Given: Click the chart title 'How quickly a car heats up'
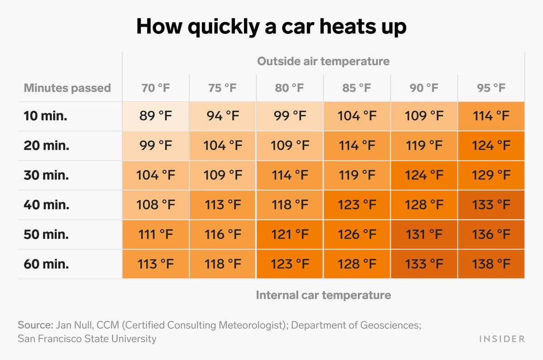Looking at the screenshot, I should click(x=271, y=27).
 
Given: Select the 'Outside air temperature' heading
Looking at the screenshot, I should click(x=323, y=61).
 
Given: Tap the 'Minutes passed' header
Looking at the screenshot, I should click(x=67, y=88).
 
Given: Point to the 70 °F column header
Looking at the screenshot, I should click(x=156, y=88).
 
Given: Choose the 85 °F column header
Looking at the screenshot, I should click(x=357, y=88).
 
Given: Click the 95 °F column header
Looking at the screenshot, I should click(x=491, y=88).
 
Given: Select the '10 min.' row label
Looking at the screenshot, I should click(x=45, y=116).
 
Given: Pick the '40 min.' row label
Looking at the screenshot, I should click(x=46, y=205).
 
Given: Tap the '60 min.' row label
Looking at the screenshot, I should click(x=46, y=264).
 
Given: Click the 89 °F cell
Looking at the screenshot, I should click(x=156, y=116).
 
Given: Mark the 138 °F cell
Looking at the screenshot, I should click(x=491, y=264).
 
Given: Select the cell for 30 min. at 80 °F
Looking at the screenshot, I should click(x=290, y=175).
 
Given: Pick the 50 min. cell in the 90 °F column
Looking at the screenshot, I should click(x=424, y=234).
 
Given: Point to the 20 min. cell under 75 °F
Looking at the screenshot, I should click(x=223, y=145).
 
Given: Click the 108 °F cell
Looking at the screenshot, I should click(x=156, y=205).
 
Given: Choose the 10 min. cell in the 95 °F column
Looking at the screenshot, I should click(x=491, y=116).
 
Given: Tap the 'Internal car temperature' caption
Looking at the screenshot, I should click(x=323, y=295).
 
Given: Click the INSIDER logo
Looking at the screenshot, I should click(x=502, y=339).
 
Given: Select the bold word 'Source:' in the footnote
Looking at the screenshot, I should click(x=35, y=325).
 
